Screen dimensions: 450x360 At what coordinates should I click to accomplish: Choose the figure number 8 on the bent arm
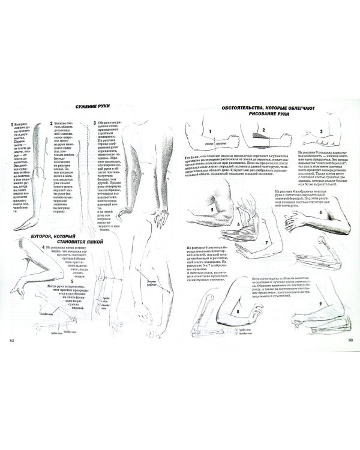pos(238,311)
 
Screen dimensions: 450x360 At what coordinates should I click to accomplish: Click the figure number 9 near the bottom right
pos(322,304)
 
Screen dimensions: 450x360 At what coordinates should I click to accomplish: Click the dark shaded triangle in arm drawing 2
pos(259,137)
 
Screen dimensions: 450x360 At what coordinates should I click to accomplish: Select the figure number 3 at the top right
pos(322,132)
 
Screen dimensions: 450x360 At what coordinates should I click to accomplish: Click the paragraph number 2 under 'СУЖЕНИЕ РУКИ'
pos(50,122)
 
